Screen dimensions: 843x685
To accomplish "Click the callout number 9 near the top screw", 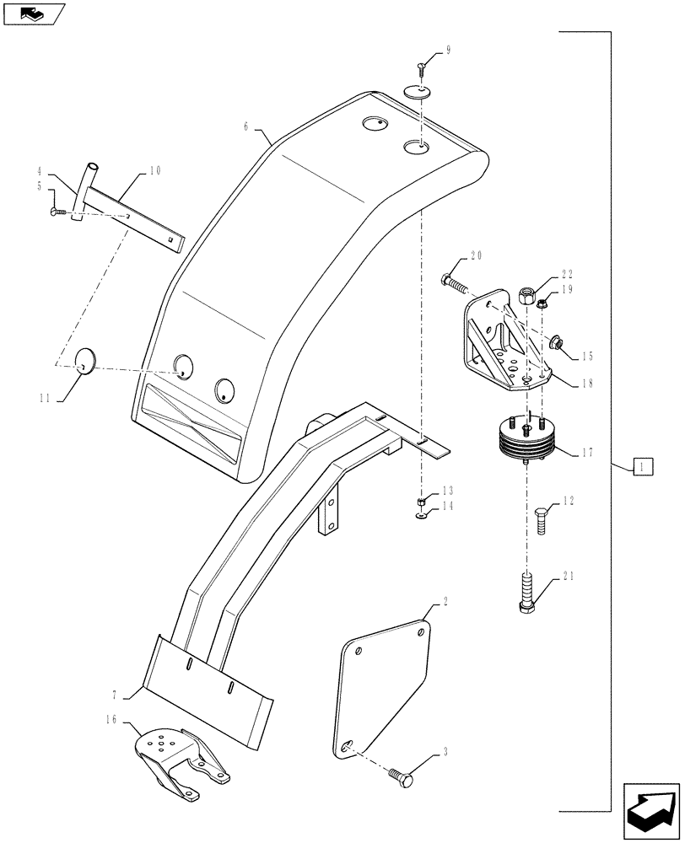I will pos(448,51).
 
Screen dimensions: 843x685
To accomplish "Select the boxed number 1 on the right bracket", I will pos(642,465).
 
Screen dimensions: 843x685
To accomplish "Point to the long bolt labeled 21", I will pos(528,592).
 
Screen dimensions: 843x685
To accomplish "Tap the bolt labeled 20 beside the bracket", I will pos(456,282).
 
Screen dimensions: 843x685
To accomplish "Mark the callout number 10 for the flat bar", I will pos(154,171).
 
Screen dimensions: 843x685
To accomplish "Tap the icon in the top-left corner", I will pos(35,13).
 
